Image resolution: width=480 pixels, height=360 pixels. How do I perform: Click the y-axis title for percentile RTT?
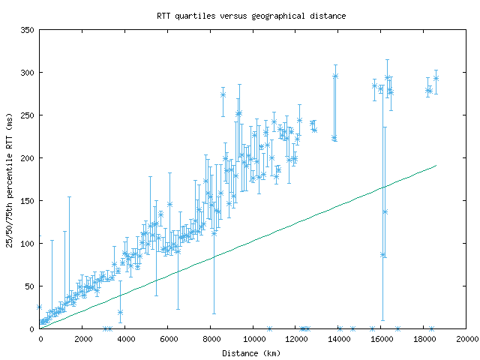click(x=10, y=179)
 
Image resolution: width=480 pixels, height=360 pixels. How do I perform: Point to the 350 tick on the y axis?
click(x=28, y=30)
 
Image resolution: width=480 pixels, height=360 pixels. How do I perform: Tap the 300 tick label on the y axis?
click(x=28, y=73)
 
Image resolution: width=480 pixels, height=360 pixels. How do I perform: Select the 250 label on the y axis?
click(x=28, y=115)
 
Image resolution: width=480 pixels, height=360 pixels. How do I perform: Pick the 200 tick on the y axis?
click(x=28, y=158)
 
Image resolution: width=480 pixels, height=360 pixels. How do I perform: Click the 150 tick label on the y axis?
click(x=28, y=201)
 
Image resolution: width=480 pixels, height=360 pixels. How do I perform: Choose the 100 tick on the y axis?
click(x=28, y=244)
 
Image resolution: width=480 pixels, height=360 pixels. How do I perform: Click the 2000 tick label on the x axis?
click(x=82, y=340)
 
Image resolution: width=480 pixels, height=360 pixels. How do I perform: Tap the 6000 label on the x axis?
click(x=168, y=340)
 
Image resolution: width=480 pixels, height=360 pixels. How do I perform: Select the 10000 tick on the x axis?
click(x=253, y=340)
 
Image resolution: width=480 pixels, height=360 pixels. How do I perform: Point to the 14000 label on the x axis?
click(x=339, y=340)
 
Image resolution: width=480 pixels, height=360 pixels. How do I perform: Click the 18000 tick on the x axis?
click(x=424, y=340)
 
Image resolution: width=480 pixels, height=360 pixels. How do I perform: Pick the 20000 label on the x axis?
click(x=466, y=340)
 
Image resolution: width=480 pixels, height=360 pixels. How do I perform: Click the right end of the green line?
click(x=436, y=166)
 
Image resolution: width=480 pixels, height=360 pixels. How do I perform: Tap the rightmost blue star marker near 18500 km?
click(x=436, y=78)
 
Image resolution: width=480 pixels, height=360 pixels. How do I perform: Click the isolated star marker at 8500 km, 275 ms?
click(x=223, y=94)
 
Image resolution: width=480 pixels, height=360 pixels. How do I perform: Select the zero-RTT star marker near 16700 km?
click(x=397, y=328)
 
